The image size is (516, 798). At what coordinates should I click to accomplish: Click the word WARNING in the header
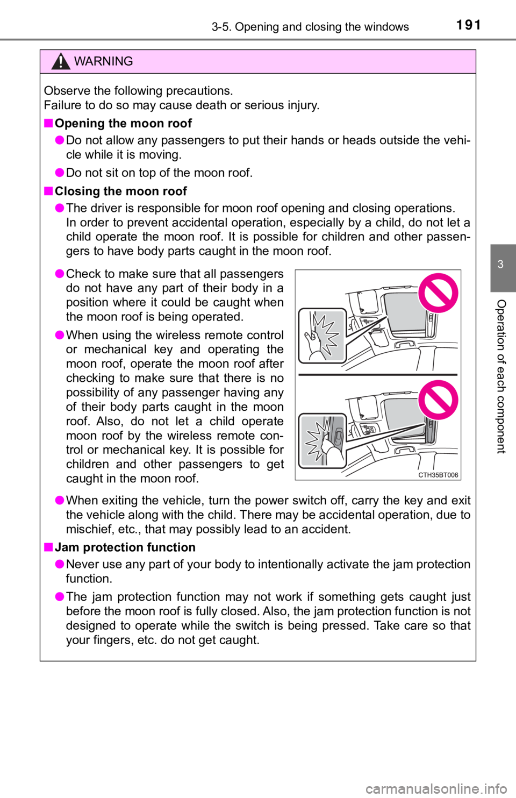103,61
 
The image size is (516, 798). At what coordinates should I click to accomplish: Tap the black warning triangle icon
61,62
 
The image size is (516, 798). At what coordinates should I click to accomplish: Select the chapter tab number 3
500,264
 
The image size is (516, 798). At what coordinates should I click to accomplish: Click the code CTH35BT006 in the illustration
438,475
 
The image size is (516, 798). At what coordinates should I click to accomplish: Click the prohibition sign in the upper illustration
438,293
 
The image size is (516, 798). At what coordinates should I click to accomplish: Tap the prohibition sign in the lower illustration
438,399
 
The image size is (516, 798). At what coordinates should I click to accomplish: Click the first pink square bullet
48,123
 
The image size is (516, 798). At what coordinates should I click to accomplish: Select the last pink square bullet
48,547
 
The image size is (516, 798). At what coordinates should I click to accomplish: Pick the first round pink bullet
60,140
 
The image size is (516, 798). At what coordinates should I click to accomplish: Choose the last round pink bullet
60,596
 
